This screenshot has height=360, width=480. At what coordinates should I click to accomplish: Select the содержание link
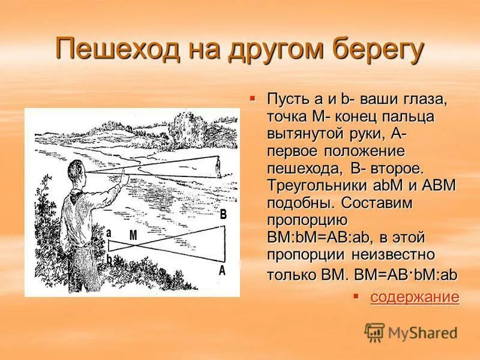415,296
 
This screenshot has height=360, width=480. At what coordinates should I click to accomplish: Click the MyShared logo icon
375,332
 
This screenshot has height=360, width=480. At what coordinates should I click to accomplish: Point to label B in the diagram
223,214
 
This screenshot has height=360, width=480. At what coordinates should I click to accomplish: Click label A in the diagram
222,270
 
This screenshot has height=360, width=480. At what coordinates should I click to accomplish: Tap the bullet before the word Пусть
253,97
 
